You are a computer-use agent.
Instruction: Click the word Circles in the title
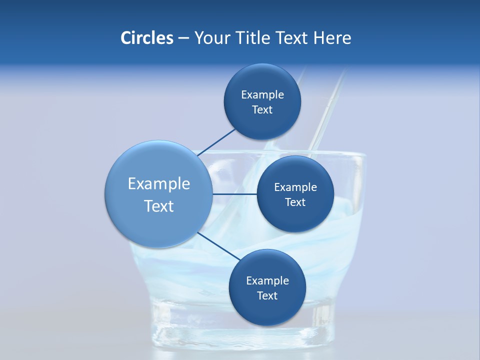[146, 38]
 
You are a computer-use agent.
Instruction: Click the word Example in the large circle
[158, 184]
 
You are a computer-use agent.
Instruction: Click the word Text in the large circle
[158, 206]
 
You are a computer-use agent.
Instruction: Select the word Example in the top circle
[262, 95]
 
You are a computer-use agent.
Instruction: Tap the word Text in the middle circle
[295, 202]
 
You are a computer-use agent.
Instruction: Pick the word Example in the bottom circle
[267, 281]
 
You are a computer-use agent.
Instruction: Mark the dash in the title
[183, 38]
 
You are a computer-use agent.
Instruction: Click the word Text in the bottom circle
[267, 296]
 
